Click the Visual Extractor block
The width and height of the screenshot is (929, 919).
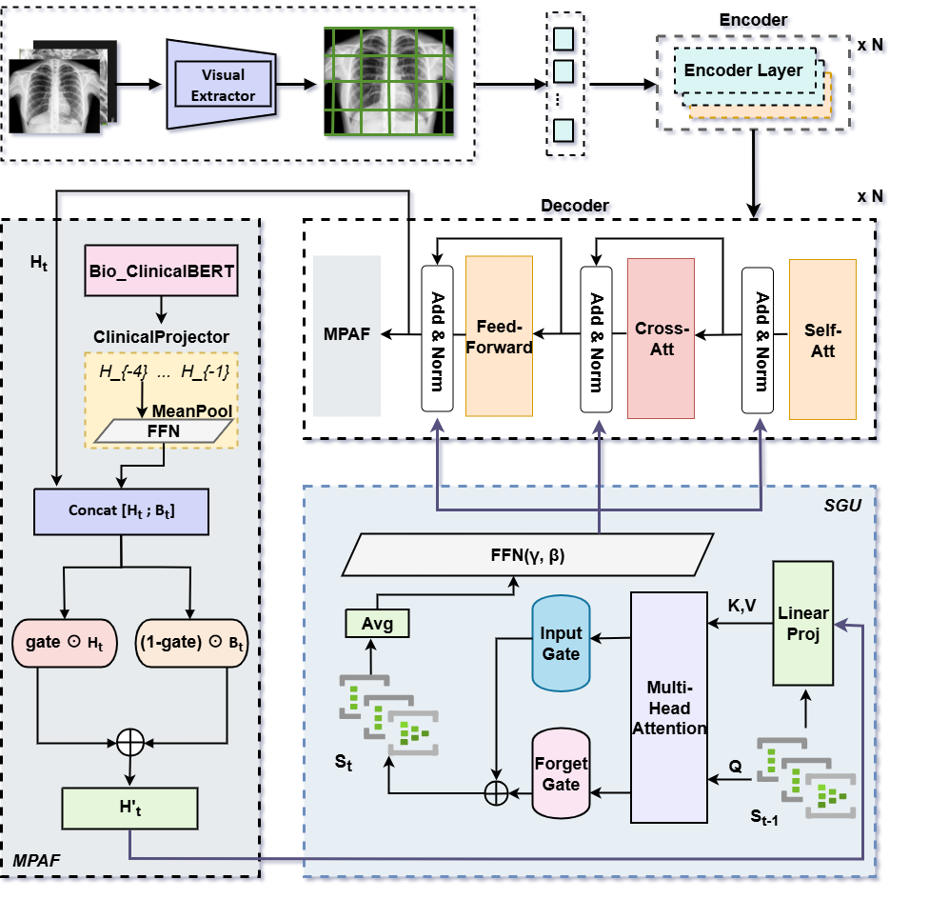coord(223,84)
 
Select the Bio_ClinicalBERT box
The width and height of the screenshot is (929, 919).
coord(163,271)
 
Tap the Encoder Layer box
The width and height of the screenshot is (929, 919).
coord(743,70)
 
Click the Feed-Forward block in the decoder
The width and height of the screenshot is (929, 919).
coord(499,336)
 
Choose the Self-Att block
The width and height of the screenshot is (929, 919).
coord(822,339)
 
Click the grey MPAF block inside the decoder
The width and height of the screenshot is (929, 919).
coord(346,335)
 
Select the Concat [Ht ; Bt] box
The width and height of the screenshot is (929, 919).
coord(121,510)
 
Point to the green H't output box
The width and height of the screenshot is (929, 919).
coord(128,809)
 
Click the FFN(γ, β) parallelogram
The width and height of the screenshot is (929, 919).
coord(527,554)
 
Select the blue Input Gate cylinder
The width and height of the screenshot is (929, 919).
coord(562,645)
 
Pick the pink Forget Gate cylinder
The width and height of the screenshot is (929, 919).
coord(562,774)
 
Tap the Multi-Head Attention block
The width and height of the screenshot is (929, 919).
coord(670,707)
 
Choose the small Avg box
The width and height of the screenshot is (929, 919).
coord(377,624)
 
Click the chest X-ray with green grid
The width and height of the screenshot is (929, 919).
coord(390,84)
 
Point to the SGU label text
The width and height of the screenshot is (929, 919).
coord(841,504)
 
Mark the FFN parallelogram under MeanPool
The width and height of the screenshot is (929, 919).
coord(163,431)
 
